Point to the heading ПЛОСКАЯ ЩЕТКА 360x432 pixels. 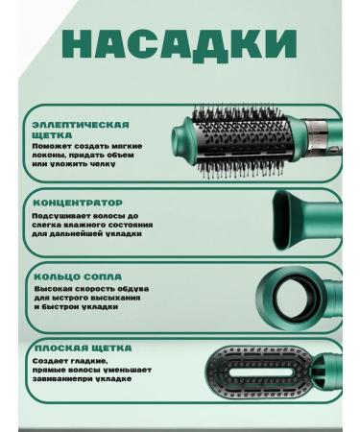click(82, 348)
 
